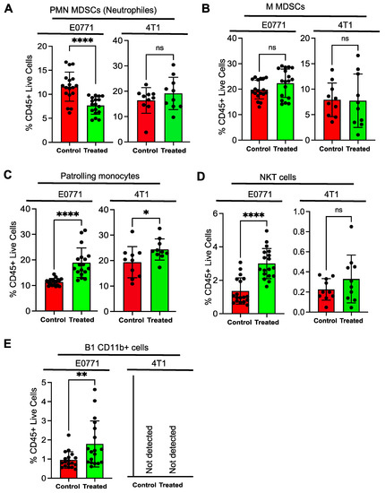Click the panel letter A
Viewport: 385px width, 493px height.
click(x=5, y=8)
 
